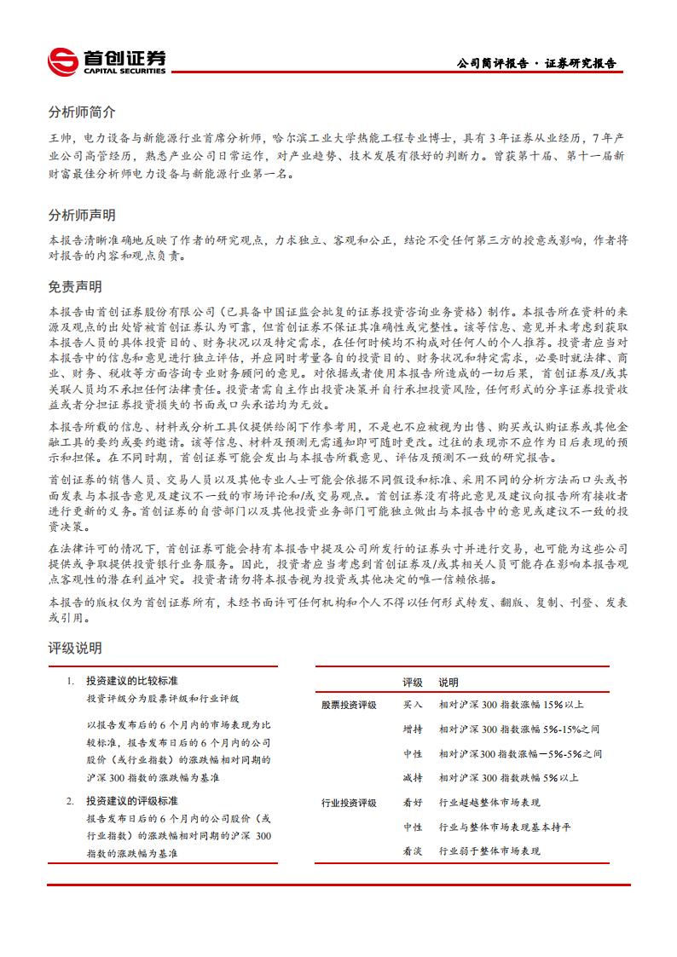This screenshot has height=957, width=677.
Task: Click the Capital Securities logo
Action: (107, 61)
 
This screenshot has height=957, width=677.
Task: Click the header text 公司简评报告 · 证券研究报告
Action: (536, 64)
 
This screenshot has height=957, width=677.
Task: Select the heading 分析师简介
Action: (82, 112)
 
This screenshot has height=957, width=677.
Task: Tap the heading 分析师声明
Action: (82, 215)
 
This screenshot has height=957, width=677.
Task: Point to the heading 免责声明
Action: (75, 287)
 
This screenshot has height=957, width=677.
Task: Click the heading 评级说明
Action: (75, 649)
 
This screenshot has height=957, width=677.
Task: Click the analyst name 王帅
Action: (59, 137)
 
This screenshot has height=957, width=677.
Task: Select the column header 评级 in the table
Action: (413, 683)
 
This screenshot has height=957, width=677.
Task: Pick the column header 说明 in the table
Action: (448, 683)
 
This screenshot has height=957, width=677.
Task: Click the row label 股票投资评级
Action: (349, 706)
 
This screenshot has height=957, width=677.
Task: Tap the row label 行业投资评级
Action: (349, 803)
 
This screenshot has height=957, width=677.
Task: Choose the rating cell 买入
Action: (413, 706)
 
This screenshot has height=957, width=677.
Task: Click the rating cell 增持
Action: (413, 729)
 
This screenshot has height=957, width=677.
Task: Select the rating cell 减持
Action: (413, 778)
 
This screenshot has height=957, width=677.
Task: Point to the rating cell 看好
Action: (413, 803)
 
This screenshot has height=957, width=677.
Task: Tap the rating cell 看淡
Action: (413, 851)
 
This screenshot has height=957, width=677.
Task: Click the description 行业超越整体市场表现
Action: (489, 803)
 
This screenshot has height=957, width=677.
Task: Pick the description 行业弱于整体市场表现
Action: (489, 851)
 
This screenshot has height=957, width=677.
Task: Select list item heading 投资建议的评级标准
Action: (132, 801)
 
